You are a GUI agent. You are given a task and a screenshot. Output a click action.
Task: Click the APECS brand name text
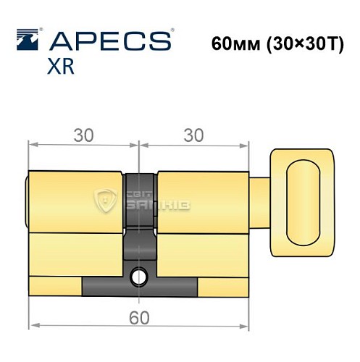[109, 40]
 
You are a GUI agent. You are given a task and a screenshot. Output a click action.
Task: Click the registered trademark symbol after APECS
[172, 31]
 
